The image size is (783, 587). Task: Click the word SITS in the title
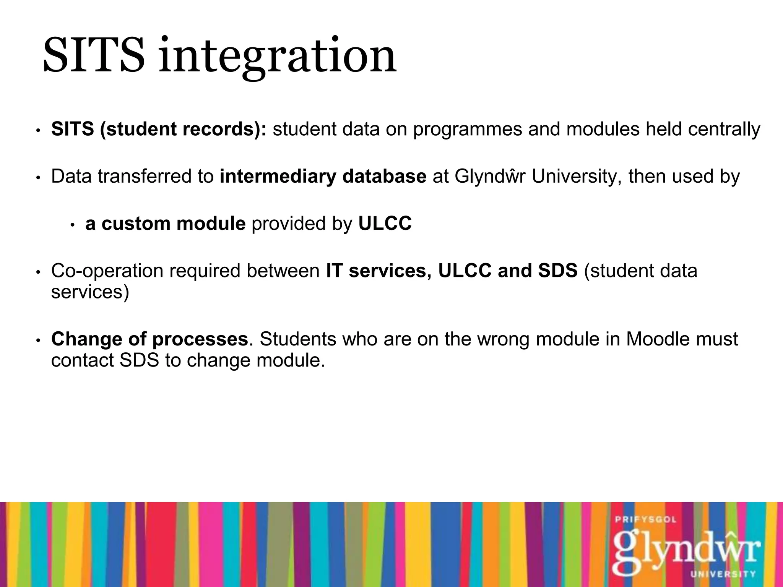click(x=94, y=55)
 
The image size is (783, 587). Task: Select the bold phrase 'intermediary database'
click(x=323, y=177)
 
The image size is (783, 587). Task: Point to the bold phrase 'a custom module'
click(x=165, y=224)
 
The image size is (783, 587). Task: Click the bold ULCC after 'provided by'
click(x=385, y=224)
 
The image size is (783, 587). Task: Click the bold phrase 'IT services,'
click(x=379, y=271)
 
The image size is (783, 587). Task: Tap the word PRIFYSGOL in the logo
click(x=646, y=520)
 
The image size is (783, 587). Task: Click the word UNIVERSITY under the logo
click(x=723, y=574)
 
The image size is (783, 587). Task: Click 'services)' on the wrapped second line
click(x=90, y=292)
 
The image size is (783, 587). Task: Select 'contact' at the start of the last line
click(x=83, y=360)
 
